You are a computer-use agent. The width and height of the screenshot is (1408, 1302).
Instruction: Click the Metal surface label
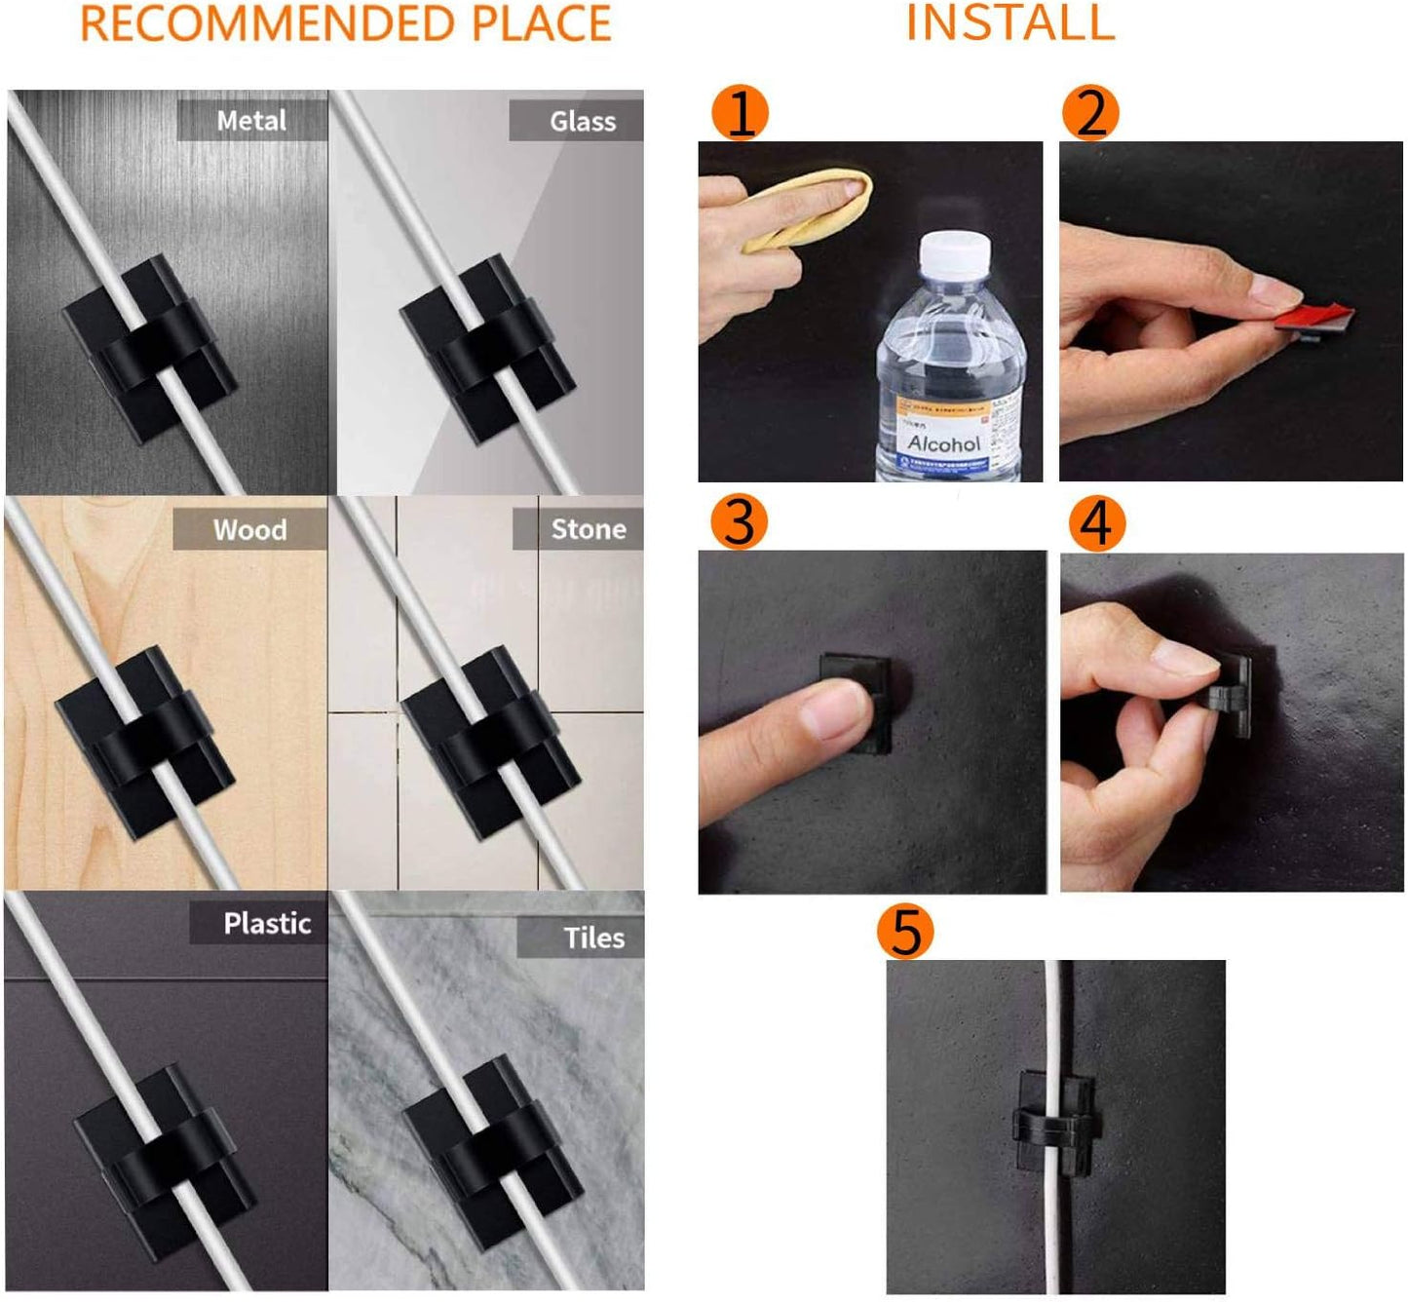click(x=251, y=121)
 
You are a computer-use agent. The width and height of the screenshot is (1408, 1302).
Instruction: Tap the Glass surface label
click(x=582, y=122)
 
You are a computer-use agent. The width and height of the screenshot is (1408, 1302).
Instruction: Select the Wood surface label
click(x=250, y=530)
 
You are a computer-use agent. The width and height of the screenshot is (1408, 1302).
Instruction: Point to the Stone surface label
click(x=588, y=529)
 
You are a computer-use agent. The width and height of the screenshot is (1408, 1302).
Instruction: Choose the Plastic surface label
click(x=267, y=923)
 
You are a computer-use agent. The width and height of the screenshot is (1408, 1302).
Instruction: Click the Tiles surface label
click(x=592, y=938)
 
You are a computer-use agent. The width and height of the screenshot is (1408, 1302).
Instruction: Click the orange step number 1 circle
click(x=740, y=112)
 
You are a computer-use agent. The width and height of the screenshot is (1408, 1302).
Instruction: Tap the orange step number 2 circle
click(x=1090, y=112)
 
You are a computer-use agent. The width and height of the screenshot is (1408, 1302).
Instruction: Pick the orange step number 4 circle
click(x=1096, y=523)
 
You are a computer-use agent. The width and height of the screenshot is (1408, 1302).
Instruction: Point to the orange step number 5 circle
click(x=905, y=931)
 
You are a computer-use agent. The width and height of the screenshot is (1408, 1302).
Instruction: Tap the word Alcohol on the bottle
click(x=943, y=444)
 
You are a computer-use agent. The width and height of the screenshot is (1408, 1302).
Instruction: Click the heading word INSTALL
click(x=1010, y=23)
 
